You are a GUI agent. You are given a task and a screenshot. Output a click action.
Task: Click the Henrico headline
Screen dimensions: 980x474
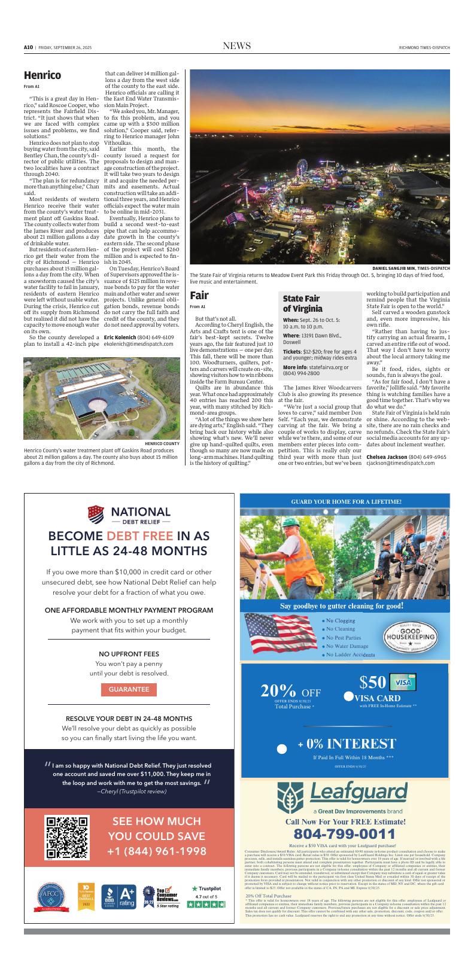point(42,75)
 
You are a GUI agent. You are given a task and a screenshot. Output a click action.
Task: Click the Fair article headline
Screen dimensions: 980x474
point(199,296)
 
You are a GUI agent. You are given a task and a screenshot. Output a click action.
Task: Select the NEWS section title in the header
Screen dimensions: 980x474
point(236,47)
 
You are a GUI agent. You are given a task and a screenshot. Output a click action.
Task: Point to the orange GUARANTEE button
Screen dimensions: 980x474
point(129,689)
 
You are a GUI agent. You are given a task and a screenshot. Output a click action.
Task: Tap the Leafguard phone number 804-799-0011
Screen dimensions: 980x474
point(344,834)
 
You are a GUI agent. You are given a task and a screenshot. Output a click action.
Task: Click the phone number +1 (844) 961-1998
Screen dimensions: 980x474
point(157,851)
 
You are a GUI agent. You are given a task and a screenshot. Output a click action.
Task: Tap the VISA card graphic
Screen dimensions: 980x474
point(403,682)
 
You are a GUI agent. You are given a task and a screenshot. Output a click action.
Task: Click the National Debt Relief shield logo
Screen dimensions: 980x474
point(96,513)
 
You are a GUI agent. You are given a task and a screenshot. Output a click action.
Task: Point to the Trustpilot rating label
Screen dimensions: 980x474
point(206,889)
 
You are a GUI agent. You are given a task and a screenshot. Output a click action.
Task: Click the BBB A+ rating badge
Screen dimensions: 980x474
point(118,896)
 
